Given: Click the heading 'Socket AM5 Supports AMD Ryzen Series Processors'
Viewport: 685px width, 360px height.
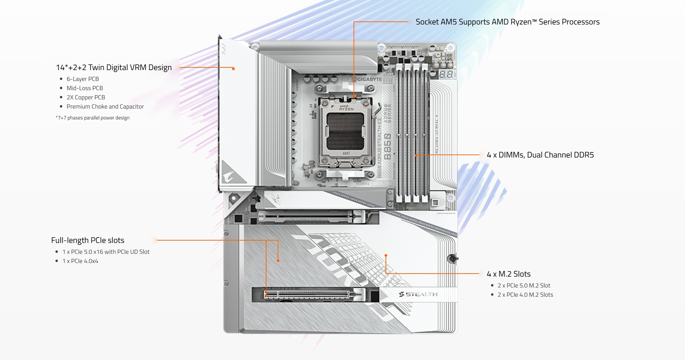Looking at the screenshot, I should click(507, 22).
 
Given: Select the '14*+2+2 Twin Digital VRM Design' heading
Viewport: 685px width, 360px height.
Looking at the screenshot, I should click(114, 67).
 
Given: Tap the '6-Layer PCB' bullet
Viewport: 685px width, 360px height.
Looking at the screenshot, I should click(83, 79).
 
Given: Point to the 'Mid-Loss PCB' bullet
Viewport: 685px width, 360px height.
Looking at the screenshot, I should click(85, 88).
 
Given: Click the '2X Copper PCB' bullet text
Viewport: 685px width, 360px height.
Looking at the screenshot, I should click(86, 97).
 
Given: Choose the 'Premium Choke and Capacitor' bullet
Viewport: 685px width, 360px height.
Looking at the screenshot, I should click(105, 107).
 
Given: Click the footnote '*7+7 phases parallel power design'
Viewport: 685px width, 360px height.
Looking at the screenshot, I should click(93, 118).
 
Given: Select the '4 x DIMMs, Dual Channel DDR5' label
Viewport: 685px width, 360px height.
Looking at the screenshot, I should click(540, 155).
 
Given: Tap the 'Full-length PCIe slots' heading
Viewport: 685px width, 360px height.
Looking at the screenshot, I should click(88, 240).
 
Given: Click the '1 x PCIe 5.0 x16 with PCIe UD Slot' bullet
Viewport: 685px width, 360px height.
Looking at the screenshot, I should click(106, 252).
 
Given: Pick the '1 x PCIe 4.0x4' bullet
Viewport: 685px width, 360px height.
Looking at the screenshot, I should click(80, 261).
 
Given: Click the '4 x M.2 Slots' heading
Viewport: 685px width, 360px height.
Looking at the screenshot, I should click(508, 274).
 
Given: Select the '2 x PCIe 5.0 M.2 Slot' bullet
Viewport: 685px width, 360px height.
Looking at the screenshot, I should click(524, 285).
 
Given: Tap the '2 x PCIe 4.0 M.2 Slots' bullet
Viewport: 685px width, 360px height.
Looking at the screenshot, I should click(525, 295).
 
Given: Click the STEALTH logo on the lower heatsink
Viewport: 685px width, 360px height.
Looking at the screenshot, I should click(418, 294).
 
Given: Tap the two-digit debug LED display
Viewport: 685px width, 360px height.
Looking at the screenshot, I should click(446, 74).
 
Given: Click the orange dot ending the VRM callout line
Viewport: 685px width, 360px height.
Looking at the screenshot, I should click(233, 69).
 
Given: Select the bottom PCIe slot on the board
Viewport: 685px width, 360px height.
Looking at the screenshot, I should click(308, 294).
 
